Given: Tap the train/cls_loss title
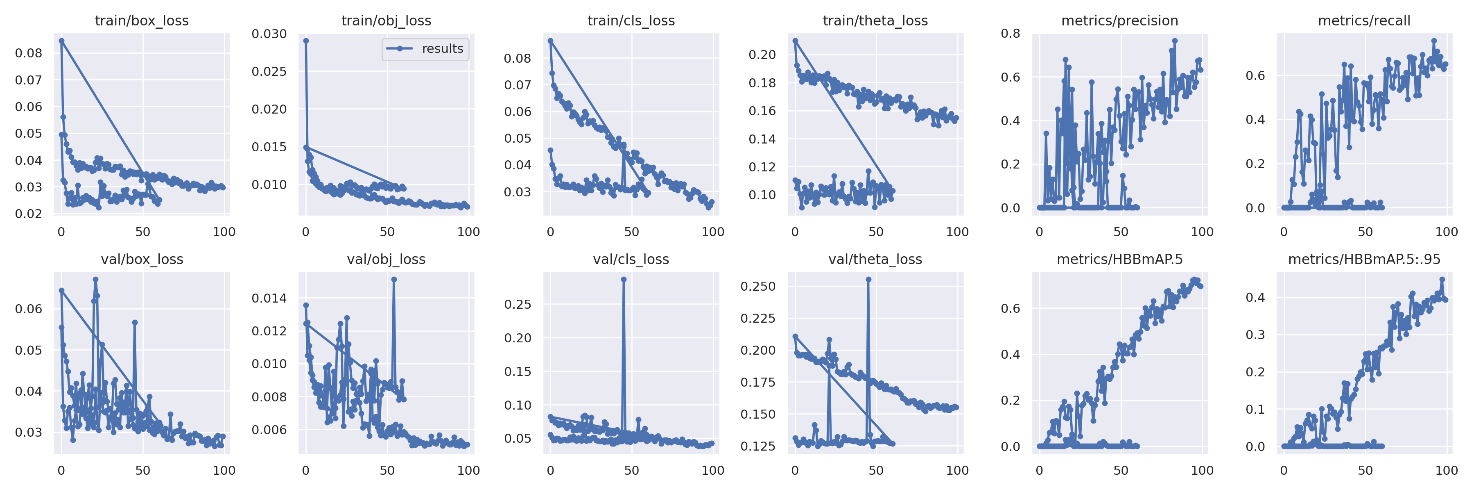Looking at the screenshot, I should pos(631,20).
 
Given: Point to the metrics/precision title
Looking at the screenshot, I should pos(1119,20).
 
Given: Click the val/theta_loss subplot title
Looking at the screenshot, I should pos(875,260).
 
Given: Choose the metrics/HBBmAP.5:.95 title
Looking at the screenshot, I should pos(1364,260).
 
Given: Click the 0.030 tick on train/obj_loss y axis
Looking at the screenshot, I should pos(269,34).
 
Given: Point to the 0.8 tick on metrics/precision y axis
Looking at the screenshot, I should pos(1010,33).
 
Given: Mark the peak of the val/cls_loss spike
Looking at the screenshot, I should pos(623,280).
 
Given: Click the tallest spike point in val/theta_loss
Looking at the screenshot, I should pos(868,280).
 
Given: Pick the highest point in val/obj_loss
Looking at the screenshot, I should pos(393,280).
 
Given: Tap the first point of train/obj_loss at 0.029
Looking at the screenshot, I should pos(306,41).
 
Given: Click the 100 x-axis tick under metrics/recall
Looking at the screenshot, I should pos(1446,232).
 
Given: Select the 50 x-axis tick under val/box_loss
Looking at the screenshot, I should pos(142,471).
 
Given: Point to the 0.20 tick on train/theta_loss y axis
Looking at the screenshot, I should pos(762,55).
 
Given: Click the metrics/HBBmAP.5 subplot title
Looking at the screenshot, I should pos(1119,260).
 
